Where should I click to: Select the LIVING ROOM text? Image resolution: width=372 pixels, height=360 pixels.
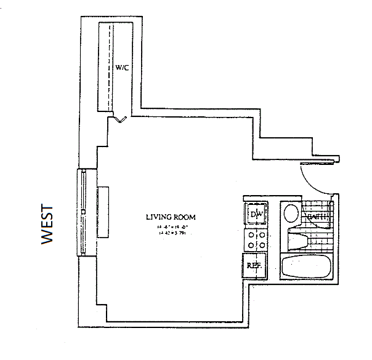click(x=171, y=217)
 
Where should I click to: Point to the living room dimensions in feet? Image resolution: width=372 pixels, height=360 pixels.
click(x=172, y=226)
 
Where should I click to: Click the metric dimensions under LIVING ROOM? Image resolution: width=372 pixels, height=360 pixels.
click(x=172, y=233)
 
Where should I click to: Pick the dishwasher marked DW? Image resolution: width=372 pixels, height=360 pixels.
click(x=256, y=214)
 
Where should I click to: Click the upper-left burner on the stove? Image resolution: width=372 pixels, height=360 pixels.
click(x=251, y=234)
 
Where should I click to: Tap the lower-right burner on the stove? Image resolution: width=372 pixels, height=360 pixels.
click(x=262, y=244)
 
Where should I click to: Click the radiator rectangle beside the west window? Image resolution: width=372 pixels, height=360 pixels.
click(x=103, y=212)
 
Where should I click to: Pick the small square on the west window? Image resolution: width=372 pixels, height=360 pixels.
click(x=84, y=218)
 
